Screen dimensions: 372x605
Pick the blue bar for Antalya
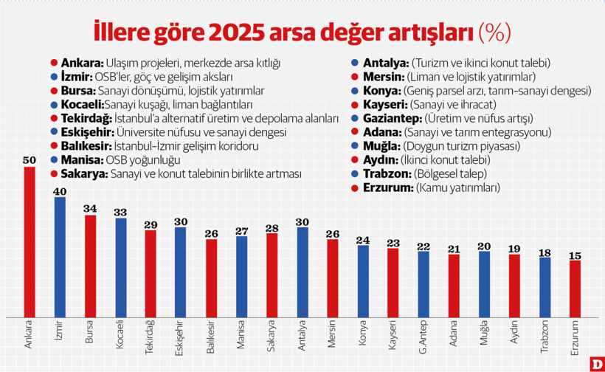pyautogui.click(x=302, y=272)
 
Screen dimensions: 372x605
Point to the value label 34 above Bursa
pyautogui.click(x=90, y=209)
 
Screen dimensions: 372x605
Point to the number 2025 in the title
pyautogui.click(x=232, y=32)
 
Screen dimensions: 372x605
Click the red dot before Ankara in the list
pyautogui.click(x=55, y=63)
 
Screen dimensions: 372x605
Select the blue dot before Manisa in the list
pyautogui.click(x=55, y=160)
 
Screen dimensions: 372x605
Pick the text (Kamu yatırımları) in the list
pyautogui.click(x=458, y=188)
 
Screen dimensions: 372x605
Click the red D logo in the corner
pyautogui.click(x=595, y=363)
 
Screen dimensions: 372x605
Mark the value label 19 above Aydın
pyautogui.click(x=514, y=249)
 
